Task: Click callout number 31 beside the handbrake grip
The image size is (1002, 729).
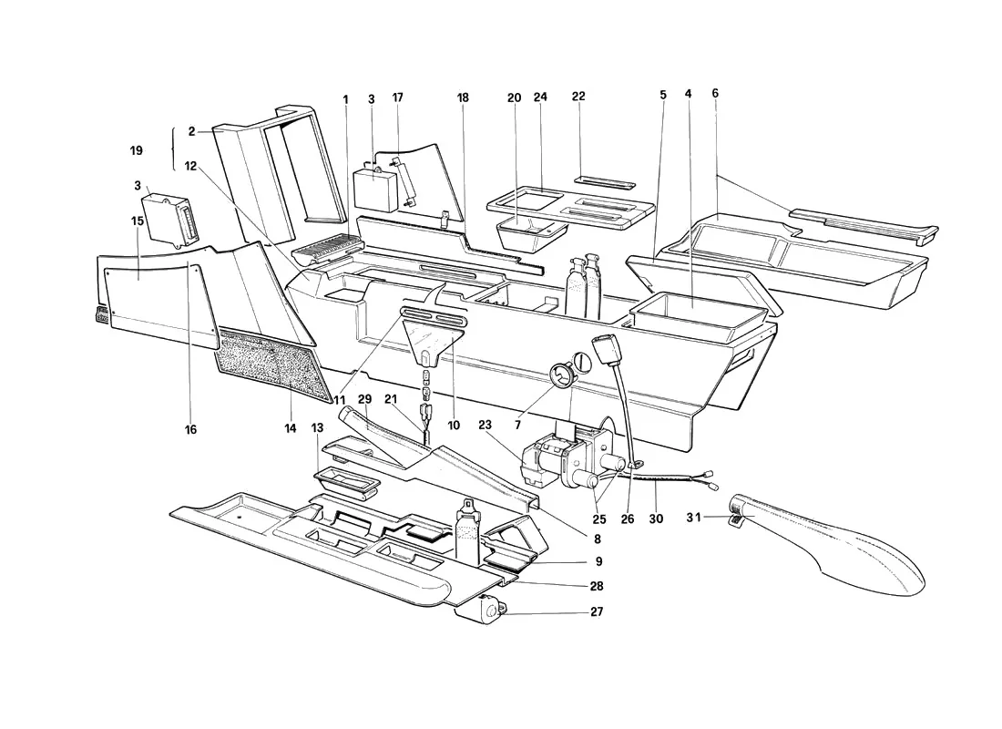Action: coord(693,518)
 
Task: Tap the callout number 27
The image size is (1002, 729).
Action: coord(597,612)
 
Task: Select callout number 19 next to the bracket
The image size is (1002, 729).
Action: coord(136,151)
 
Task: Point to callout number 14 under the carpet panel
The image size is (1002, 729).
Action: coord(291,428)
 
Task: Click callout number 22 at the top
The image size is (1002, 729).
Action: coord(578,97)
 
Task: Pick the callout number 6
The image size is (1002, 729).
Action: coord(715,93)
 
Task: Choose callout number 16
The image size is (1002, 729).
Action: coord(190,430)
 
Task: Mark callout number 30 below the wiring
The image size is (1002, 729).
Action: coord(656,519)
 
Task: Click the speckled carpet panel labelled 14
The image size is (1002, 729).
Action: coord(275,361)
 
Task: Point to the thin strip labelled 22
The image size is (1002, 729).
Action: coord(604,181)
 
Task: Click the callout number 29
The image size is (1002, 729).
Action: coord(364,399)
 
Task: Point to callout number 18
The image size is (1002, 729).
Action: coord(463,98)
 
